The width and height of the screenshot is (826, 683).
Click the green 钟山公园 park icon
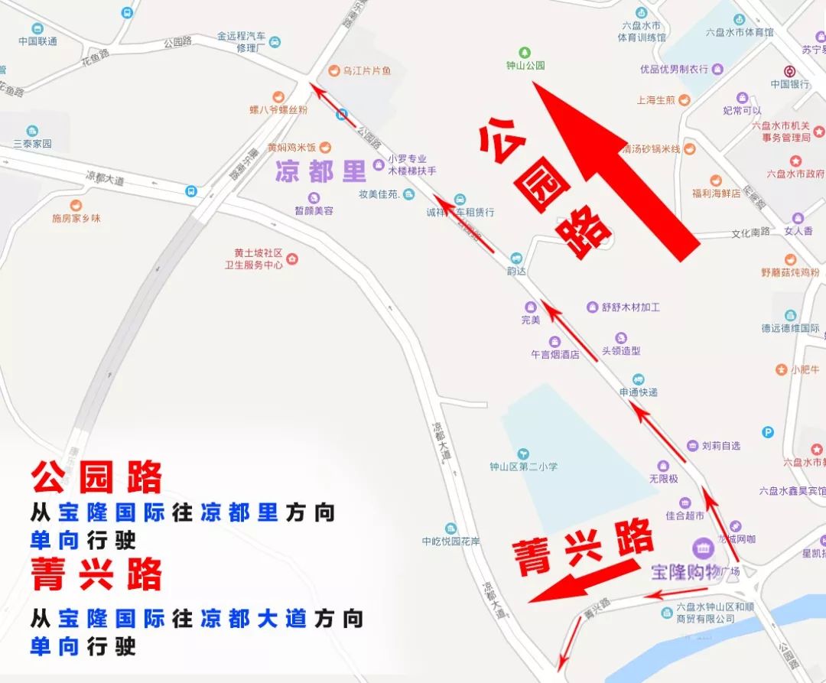coord(525,53)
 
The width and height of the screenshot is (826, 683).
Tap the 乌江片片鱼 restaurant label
coord(366,70)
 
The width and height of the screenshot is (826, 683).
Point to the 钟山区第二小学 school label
coord(524,466)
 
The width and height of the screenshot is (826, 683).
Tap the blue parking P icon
coord(767,432)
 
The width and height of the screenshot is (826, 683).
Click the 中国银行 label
coord(790,84)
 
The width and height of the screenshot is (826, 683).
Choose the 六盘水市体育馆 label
coord(739,32)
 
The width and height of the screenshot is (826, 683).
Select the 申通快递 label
coord(638,392)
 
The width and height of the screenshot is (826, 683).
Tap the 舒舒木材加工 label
coord(630,307)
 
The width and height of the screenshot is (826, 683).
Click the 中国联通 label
coord(37,41)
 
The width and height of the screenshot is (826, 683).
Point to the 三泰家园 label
coord(32,143)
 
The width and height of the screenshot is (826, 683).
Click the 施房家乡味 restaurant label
coord(76,218)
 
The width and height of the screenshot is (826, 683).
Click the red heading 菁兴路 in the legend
coord(96,574)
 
